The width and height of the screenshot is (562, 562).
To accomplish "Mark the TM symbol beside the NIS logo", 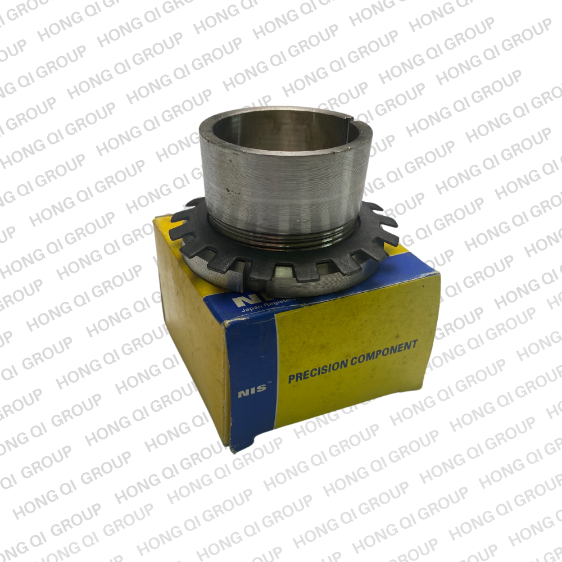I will [x=269, y=383].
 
